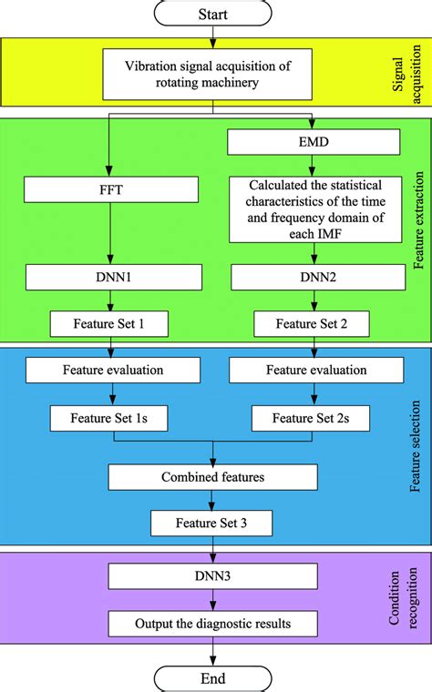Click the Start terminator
point(212,13)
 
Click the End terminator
point(212,678)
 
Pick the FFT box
point(111,190)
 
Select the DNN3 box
point(212,576)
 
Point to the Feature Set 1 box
point(111,322)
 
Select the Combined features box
point(212,476)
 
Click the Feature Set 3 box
point(212,523)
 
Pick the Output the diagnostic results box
point(212,623)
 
